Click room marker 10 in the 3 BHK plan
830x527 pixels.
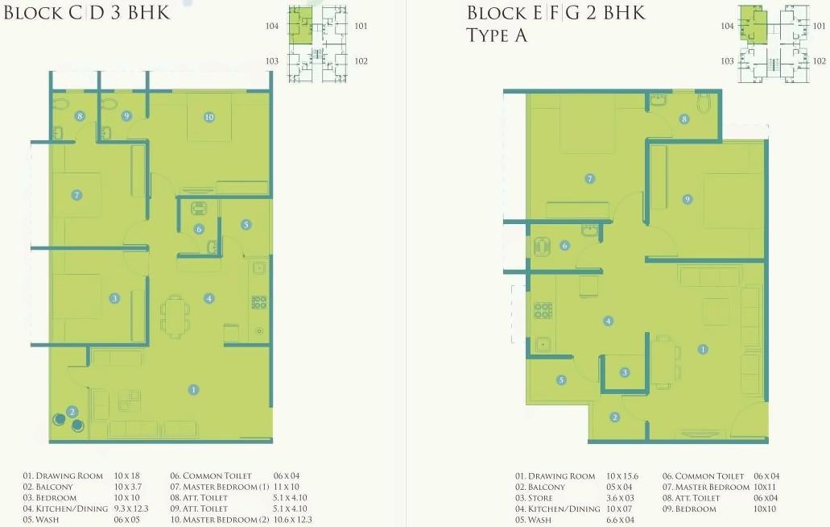[x=209, y=117]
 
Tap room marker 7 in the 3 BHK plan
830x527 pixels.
[x=76, y=194]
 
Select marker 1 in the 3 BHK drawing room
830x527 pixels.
[x=194, y=389]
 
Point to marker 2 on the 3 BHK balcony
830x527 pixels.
[x=72, y=412]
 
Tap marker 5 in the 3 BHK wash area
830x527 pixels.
[x=246, y=225]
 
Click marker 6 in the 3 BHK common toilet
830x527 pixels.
[x=199, y=229]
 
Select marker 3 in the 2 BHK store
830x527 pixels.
[x=625, y=371]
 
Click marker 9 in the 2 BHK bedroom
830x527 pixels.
[x=687, y=199]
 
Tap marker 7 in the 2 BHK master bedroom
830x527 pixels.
[x=590, y=179]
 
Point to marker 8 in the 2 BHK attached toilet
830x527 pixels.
[x=684, y=119]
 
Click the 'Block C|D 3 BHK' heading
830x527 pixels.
[x=88, y=13]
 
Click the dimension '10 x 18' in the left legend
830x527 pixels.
[x=127, y=476]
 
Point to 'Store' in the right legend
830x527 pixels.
[x=540, y=498]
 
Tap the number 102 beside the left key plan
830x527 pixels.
[x=360, y=60]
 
